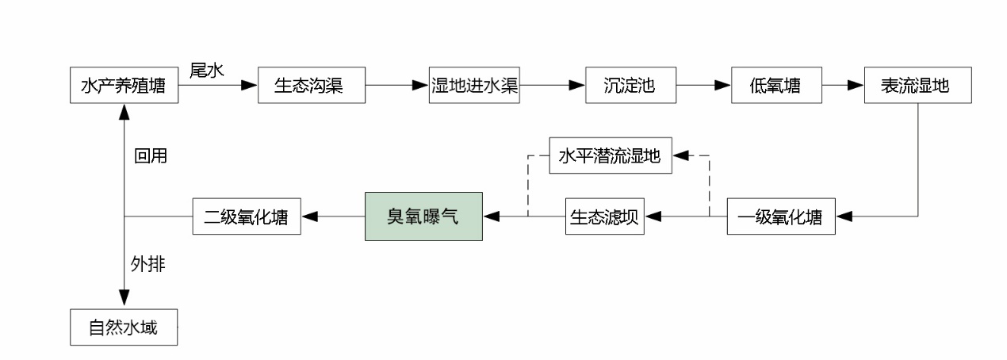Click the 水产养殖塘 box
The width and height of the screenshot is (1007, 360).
click(x=123, y=86)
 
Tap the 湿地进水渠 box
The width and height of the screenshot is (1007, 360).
click(x=474, y=86)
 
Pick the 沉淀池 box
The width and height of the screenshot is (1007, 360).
click(x=631, y=86)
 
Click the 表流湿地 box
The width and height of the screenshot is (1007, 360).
click(x=917, y=86)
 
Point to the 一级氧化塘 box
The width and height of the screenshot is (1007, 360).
click(x=781, y=216)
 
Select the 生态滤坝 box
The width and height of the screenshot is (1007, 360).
click(x=605, y=216)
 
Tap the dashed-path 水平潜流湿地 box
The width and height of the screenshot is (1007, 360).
click(x=611, y=155)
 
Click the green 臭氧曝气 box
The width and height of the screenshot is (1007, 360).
click(x=423, y=216)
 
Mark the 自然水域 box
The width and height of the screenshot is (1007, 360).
click(x=123, y=327)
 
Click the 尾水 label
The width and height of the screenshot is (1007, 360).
click(x=209, y=70)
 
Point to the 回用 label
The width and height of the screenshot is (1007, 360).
click(x=150, y=156)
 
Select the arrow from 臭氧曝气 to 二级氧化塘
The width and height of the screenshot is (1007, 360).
click(x=333, y=216)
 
